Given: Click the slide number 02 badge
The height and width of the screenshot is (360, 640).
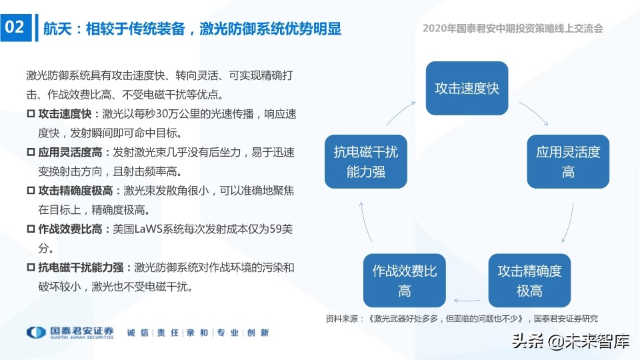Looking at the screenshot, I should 15,27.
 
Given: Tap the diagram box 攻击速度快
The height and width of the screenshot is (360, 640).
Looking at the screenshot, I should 467,88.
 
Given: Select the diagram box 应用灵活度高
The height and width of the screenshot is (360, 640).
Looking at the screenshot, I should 568,162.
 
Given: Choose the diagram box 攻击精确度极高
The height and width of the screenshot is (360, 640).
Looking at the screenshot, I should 530,281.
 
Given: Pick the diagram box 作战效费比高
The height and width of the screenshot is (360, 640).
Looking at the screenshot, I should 404,281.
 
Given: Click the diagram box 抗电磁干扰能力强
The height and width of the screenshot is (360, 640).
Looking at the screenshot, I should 365,162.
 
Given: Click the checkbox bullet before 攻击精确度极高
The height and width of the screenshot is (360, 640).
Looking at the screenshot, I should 30,191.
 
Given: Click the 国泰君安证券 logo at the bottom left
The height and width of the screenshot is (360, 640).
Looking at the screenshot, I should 70,332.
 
